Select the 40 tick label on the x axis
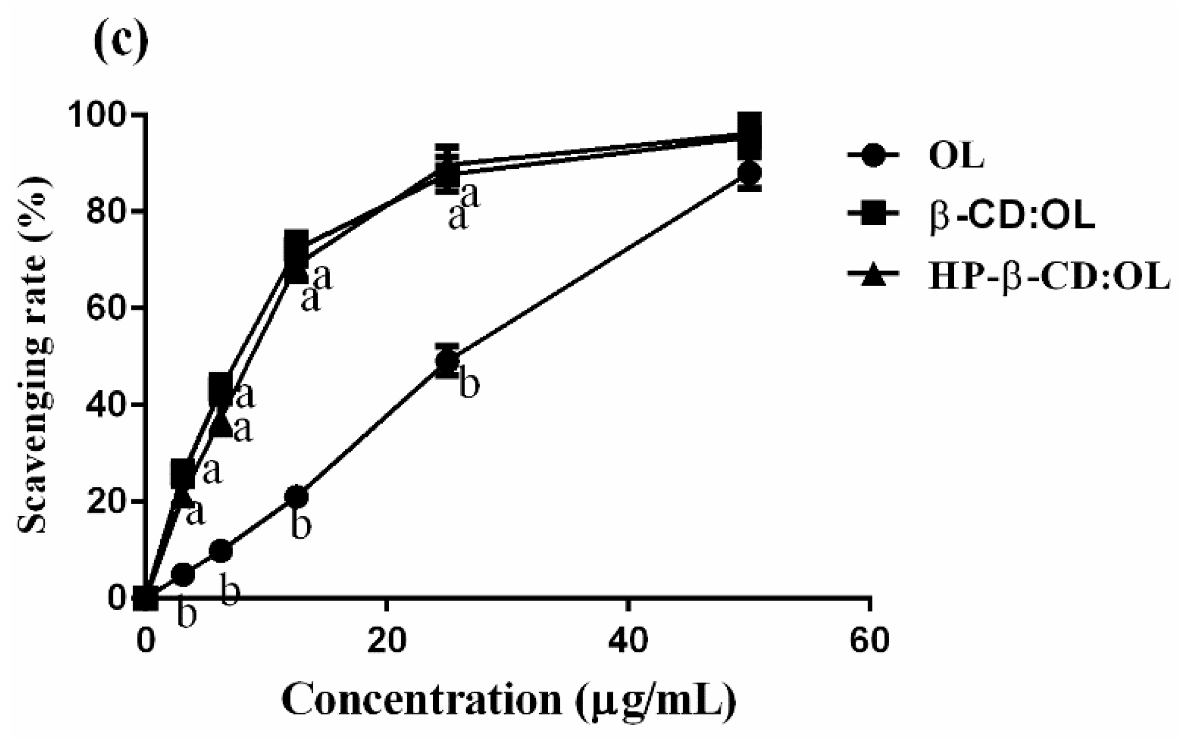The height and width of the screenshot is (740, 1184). tap(628, 640)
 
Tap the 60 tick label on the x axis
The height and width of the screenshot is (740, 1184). tap(870, 640)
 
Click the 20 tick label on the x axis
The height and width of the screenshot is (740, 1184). tap(386, 640)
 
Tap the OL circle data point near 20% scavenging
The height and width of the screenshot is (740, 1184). tap(297, 496)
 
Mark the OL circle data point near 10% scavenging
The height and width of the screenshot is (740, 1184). tap(221, 551)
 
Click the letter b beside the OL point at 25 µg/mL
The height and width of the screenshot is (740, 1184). tap(469, 385)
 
